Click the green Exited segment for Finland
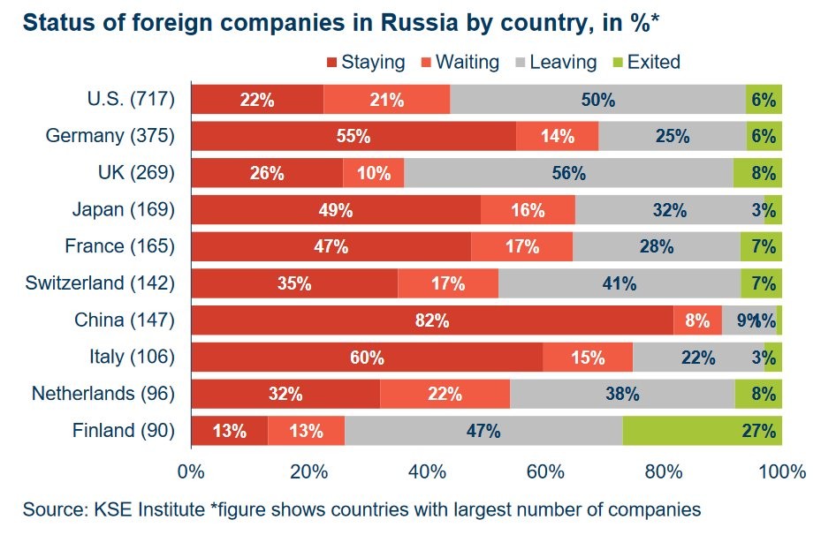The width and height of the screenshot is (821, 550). pyautogui.click(x=702, y=431)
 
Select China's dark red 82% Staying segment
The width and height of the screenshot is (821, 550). pyautogui.click(x=432, y=320)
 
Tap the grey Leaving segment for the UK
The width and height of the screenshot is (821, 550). pyautogui.click(x=568, y=173)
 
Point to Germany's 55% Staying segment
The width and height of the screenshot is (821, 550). pyautogui.click(x=353, y=136)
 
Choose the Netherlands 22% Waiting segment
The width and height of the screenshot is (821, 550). pyautogui.click(x=445, y=394)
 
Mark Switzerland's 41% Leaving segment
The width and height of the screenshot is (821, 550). pyautogui.click(x=620, y=283)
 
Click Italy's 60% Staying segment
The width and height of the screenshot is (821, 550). pyautogui.click(x=367, y=358)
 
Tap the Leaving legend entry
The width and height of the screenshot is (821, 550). pyautogui.click(x=556, y=62)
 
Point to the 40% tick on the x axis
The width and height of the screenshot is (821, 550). pyautogui.click(x=428, y=471)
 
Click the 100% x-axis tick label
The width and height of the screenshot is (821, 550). pyautogui.click(x=781, y=471)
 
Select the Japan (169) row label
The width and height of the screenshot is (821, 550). pyautogui.click(x=123, y=209)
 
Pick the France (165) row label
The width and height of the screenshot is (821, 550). pyautogui.click(x=120, y=246)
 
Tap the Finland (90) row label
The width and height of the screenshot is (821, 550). pyautogui.click(x=124, y=431)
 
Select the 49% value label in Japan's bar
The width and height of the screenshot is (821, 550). pyautogui.click(x=336, y=210)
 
